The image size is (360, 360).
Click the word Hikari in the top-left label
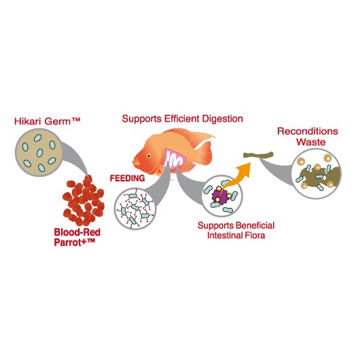click(x=28, y=121)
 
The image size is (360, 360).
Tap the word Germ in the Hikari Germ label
click(x=57, y=122)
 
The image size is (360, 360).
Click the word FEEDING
click(x=127, y=179)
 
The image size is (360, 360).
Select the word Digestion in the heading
click(x=222, y=119)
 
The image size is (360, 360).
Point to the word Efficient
click(x=181, y=119)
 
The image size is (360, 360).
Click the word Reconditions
click(x=308, y=131)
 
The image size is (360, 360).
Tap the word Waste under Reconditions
click(x=311, y=142)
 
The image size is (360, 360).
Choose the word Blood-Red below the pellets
click(x=77, y=232)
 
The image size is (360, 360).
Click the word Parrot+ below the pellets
click(x=71, y=242)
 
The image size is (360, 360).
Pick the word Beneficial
click(x=255, y=226)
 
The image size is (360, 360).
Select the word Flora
click(x=255, y=235)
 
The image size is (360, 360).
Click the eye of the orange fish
click(x=149, y=156)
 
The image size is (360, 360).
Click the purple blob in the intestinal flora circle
click(x=219, y=196)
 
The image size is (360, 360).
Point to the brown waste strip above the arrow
click(x=259, y=155)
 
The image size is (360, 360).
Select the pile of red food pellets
click(x=84, y=200)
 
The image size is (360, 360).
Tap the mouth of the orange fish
click(x=135, y=162)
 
